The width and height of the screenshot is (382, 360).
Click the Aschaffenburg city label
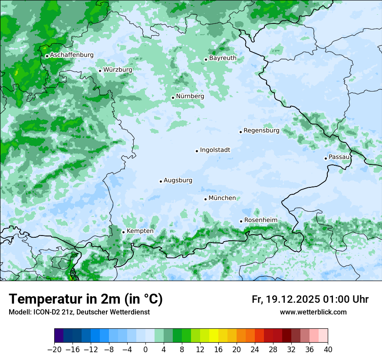72,55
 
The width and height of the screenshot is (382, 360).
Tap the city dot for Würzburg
100,71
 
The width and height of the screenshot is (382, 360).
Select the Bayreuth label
223,58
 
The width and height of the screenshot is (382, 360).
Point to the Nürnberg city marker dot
173,98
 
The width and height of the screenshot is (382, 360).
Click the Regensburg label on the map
261,130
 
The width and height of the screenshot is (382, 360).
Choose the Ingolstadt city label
215,150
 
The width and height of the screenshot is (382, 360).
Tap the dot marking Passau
326,158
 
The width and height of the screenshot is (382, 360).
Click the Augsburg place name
178,180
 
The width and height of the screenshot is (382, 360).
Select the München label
222,198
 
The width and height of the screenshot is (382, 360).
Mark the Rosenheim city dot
241,221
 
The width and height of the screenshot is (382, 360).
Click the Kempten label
140,231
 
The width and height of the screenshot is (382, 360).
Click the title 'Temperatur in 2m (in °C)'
86,299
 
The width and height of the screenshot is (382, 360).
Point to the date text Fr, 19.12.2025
286,299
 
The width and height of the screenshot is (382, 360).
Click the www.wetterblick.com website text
313,312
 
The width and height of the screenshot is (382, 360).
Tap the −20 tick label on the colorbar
55,350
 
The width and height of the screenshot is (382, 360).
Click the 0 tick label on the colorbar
145,350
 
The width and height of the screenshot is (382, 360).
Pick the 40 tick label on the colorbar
328,350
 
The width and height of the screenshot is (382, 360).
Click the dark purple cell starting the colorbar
59,336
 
